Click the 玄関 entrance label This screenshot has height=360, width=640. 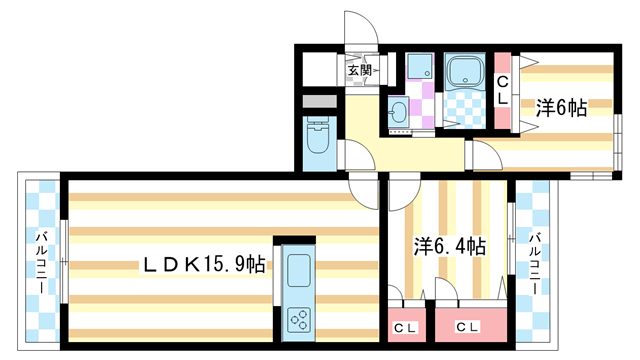coord(359,70)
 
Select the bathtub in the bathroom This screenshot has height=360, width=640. coord(465,73)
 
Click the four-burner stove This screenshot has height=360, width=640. coord(299,318)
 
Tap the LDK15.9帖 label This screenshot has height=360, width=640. coord(203,265)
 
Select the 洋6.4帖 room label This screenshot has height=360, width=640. coord(451,246)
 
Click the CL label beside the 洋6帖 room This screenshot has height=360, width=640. coord(503,90)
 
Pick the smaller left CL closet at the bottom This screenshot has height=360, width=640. coord(405,328)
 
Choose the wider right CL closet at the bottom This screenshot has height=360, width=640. coord(466,328)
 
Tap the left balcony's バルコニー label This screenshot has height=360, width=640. coord(42,261)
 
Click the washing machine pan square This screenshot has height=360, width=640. coord(420,67)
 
